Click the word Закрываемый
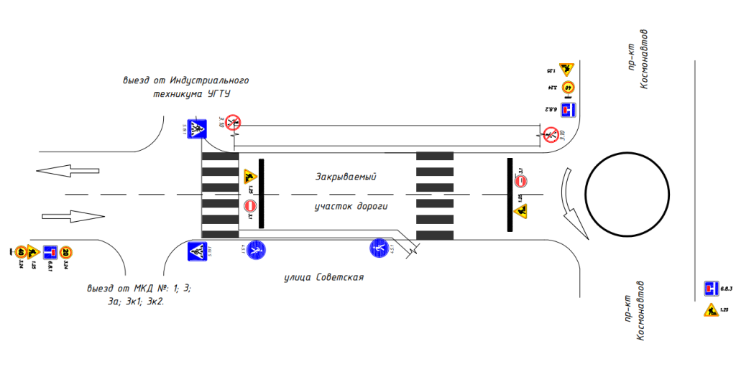[x=346, y=177]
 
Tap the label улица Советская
[x=323, y=277]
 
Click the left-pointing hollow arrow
[x=67, y=171]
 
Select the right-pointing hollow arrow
[x=73, y=215]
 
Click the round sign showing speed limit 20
[x=65, y=252]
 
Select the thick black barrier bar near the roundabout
[x=510, y=195]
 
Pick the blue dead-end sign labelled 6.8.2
[x=569, y=111]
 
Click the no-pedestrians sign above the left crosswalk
[x=233, y=122]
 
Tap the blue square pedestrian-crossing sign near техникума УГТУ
[x=197, y=129]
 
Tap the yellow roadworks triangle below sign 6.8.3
[x=711, y=310]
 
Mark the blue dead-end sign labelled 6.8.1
[x=50, y=252]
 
